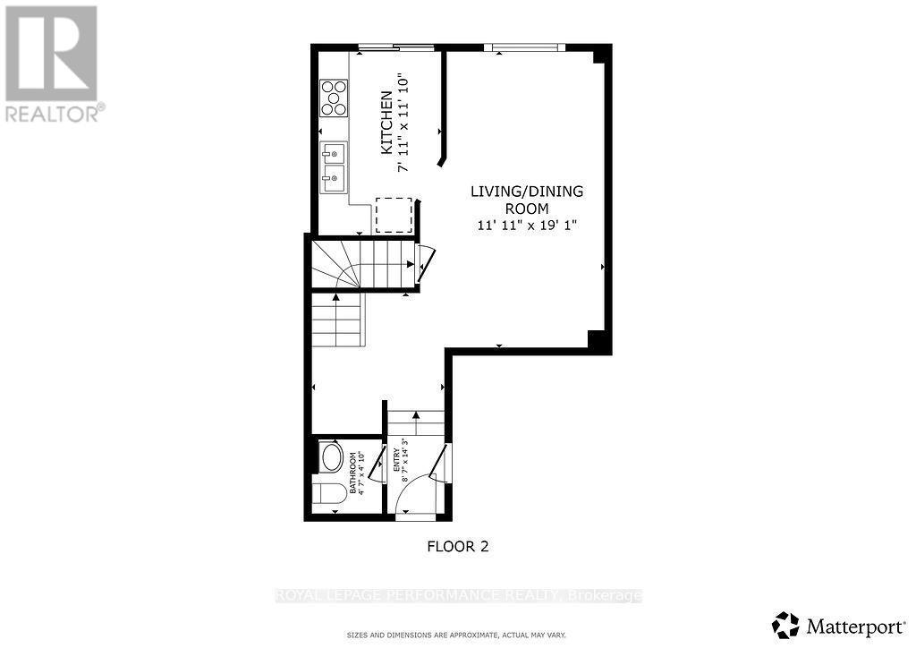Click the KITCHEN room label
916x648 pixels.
coord(386,123)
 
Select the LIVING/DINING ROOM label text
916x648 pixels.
coord(528,200)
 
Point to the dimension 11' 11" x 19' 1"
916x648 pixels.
coord(528,226)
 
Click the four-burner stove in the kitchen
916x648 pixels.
coord(334,98)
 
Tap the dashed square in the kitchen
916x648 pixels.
coord(392,215)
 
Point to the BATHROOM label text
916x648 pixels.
coord(354,473)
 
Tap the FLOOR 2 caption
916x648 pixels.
coord(458,546)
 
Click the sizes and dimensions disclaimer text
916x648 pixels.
coord(456,635)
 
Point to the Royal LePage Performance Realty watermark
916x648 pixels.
coord(458,595)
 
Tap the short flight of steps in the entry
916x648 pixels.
coord(416,422)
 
